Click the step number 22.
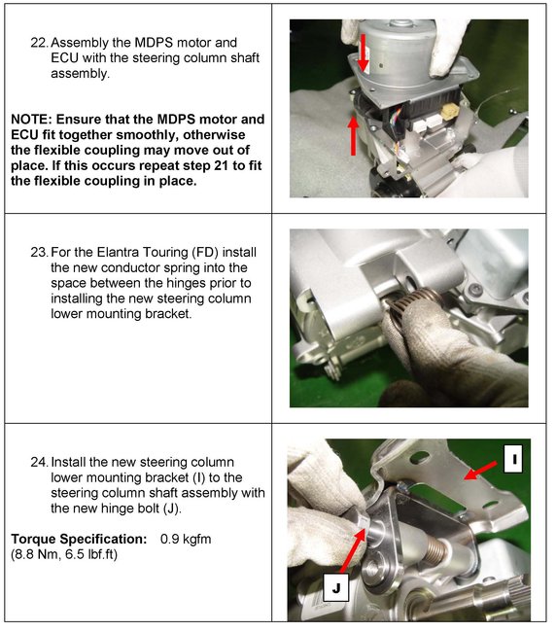[40, 43]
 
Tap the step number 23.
[40, 253]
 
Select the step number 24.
[40, 462]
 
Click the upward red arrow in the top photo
[354, 135]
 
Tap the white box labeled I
[513, 459]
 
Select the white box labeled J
[336, 588]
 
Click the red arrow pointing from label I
[480, 471]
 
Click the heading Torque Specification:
[79, 539]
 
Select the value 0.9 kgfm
[186, 539]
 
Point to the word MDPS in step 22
[154, 43]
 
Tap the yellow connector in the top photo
[450, 112]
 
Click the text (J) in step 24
[172, 509]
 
